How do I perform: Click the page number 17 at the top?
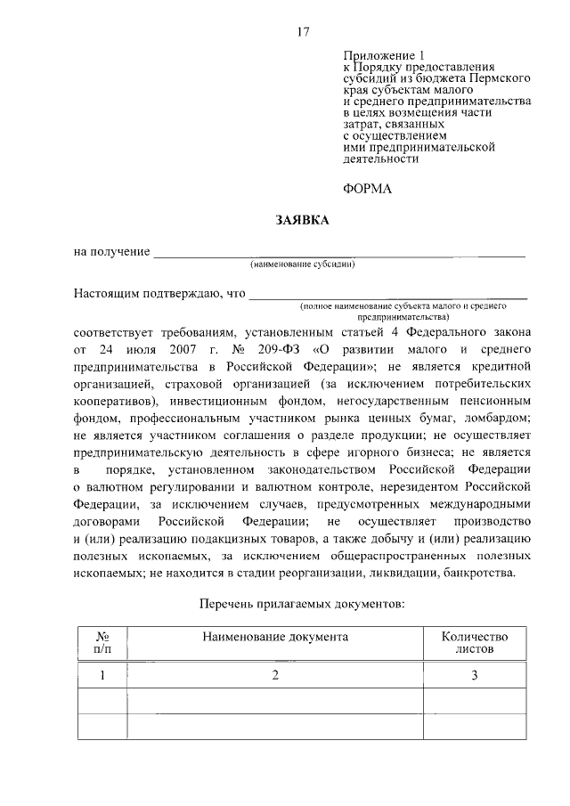[x=303, y=32]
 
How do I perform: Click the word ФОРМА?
[x=367, y=189]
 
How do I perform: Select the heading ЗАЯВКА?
[x=303, y=220]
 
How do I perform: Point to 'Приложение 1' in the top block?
[x=379, y=55]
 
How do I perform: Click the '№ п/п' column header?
[x=102, y=643]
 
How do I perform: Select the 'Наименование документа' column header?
[x=275, y=637]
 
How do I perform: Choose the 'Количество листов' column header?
[x=475, y=643]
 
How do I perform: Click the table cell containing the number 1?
[x=102, y=675]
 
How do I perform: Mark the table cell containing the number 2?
[x=275, y=675]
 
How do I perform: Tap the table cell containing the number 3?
[x=475, y=675]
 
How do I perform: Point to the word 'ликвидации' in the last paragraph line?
[x=393, y=573]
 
